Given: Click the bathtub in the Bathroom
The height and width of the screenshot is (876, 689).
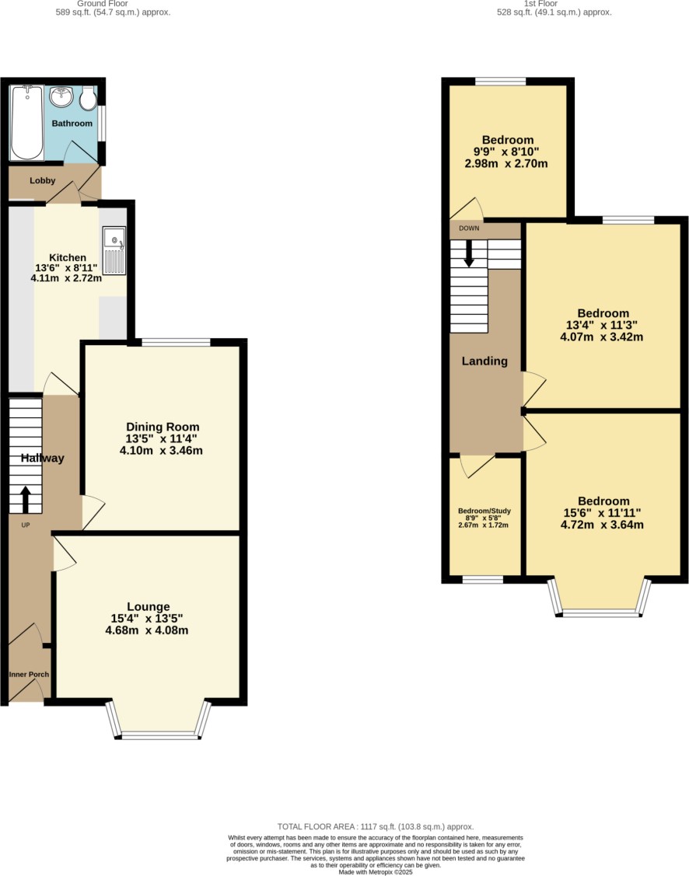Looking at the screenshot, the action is [26, 122].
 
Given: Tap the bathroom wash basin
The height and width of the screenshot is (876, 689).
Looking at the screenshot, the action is [61, 96].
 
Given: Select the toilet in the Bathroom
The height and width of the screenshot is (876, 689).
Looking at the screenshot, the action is [87, 98].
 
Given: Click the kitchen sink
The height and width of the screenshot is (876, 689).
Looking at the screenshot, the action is [114, 251].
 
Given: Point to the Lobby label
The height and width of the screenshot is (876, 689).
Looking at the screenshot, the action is [43, 180].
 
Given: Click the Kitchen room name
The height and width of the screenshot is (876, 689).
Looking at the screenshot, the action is [68, 257].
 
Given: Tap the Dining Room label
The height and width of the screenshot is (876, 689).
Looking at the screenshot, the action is [163, 427].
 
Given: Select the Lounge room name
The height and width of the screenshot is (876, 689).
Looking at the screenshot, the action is [148, 607].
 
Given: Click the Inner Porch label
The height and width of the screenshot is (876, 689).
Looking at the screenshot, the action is [29, 675].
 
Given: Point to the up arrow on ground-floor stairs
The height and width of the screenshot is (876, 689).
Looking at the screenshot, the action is [25, 500].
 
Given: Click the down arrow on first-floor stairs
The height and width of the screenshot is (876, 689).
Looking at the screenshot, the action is [469, 253].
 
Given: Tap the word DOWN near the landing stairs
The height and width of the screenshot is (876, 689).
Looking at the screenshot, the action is [469, 228].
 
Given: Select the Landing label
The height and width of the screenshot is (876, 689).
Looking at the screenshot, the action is [484, 361].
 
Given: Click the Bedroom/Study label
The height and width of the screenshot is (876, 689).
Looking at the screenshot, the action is [484, 511].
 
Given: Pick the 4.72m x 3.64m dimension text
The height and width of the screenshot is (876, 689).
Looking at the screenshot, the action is [602, 525].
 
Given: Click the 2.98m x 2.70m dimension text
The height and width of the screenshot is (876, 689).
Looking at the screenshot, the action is [505, 164].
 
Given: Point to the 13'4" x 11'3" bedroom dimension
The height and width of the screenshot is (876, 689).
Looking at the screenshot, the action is [602, 325].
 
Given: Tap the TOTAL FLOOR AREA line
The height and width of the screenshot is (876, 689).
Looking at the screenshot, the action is [376, 826].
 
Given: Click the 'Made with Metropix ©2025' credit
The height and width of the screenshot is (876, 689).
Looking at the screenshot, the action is [376, 871].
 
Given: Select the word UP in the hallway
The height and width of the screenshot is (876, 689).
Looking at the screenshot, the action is [25, 525].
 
